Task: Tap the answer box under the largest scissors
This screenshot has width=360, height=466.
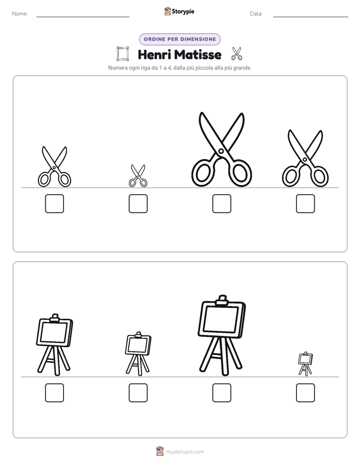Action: coord(221,204)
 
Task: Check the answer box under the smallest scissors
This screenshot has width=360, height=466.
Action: coord(138,204)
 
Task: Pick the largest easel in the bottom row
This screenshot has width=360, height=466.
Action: coord(221,336)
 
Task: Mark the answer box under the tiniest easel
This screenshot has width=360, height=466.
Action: coord(306,392)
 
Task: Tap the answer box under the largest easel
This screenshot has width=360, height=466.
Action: coord(221,392)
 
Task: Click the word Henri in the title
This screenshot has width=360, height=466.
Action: coord(154,54)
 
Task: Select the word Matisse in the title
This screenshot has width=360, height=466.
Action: coord(198,54)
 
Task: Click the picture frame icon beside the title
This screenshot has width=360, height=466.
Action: coord(123,54)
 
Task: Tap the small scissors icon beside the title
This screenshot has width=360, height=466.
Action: coord(237,54)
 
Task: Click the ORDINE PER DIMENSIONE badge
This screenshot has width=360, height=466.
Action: coord(179,39)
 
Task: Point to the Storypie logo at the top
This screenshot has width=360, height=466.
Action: coord(179,11)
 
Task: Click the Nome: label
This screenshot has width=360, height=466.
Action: coord(20,14)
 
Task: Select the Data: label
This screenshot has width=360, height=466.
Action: coord(256,14)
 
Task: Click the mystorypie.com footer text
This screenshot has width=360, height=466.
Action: coord(185,452)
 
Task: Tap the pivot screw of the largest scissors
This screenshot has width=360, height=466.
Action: coord(221,151)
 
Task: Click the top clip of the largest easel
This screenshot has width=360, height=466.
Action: coord(222,301)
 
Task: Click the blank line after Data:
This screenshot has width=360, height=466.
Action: coord(311,17)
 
